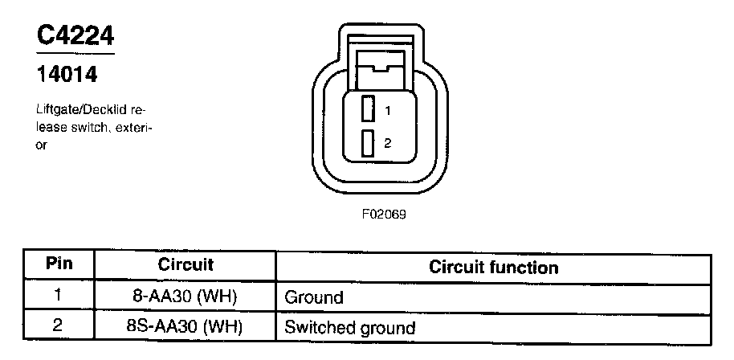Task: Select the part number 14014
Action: coord(67,76)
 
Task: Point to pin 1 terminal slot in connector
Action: coord(368,109)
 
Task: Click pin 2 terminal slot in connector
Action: coord(368,143)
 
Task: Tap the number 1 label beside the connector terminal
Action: coord(387,111)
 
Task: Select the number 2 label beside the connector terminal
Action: coord(387,143)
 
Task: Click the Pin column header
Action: coord(58,265)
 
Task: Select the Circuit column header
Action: coord(185,265)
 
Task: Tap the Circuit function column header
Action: coord(493,266)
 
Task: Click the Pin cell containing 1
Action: coord(58,295)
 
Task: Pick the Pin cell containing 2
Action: coord(58,325)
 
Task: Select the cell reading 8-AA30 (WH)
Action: coord(185,296)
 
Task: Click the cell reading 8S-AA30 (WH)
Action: coord(185,326)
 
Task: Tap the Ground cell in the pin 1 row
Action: coord(314,297)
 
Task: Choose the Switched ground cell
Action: coord(350,328)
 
